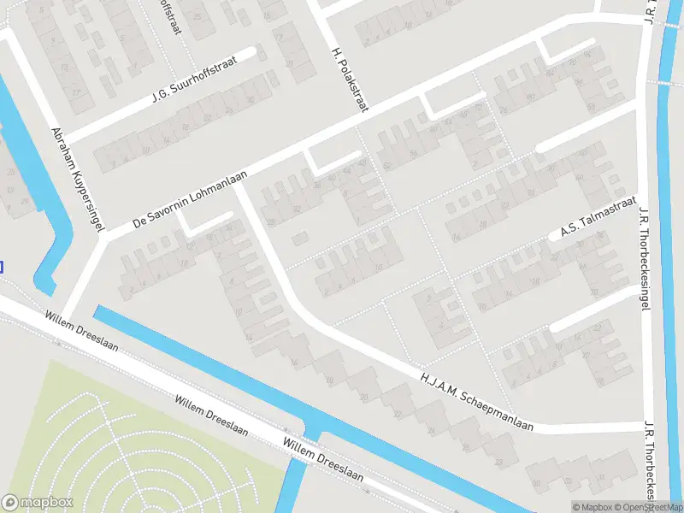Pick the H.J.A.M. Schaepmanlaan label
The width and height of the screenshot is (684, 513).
(x=476, y=401)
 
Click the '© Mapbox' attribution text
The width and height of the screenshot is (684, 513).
(x=593, y=507)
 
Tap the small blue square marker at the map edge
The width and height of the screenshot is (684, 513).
(x=1, y=267)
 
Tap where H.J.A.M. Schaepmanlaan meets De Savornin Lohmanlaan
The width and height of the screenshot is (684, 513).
(x=238, y=182)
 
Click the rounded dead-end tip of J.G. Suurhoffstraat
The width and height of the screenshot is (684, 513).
(x=251, y=53)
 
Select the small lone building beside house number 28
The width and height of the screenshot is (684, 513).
(x=298, y=239)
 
